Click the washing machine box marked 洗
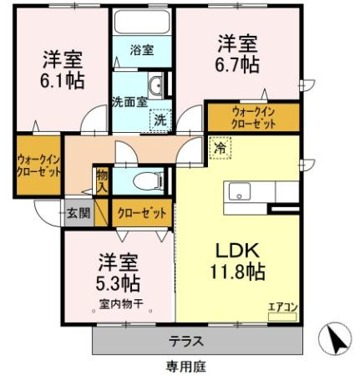coord(158,120)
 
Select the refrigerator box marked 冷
coord(221,145)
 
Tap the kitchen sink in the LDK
coord(237,191)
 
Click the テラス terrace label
coord(186,342)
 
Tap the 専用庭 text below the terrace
coord(186,365)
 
